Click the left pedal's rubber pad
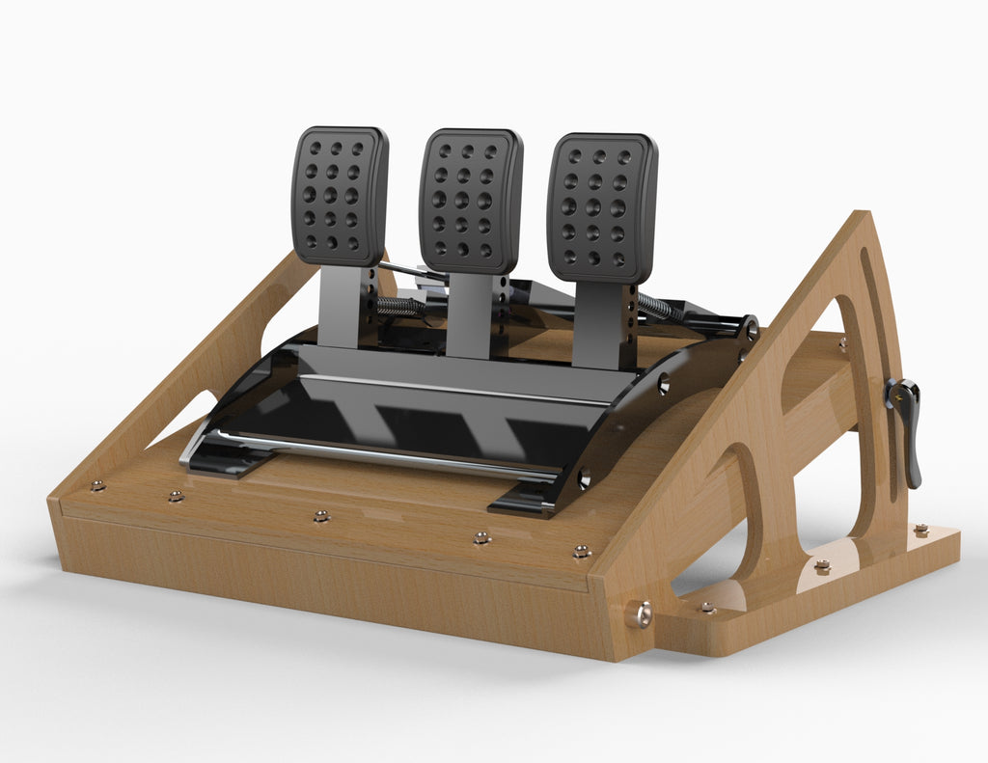[340, 196]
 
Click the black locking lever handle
[907, 429]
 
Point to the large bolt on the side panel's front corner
[639, 613]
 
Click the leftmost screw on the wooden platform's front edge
[97, 485]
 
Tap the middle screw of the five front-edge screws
[321, 516]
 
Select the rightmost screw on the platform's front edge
[581, 552]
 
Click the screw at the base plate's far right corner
[920, 530]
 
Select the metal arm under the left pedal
[340, 306]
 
